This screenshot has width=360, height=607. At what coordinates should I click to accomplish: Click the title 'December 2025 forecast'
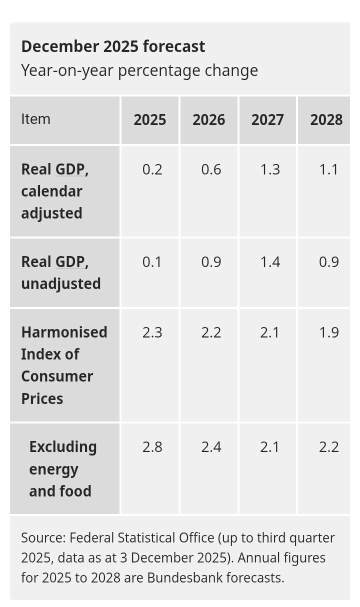113,46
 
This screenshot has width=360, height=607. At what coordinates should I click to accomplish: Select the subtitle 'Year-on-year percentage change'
139,70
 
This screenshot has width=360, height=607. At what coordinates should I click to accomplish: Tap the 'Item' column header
35,119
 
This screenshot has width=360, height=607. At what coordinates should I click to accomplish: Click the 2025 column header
149,120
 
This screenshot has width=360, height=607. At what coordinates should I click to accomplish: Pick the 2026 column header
208,120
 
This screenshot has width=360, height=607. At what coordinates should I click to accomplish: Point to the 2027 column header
267,120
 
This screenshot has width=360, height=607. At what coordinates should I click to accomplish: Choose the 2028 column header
326,120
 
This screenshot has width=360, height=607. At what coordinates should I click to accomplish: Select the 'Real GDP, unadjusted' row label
60,272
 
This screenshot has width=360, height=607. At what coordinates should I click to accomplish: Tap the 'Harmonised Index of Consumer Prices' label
64,365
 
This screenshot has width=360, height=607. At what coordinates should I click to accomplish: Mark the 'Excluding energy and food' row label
62,468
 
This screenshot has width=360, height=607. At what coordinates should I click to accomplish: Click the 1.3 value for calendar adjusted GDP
270,169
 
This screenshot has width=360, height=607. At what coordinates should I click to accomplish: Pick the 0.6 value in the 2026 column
211,169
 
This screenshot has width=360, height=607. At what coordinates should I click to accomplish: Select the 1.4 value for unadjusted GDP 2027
270,262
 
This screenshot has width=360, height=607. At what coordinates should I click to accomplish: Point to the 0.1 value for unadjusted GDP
152,262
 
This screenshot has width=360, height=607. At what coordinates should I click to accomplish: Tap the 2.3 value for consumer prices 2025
152,332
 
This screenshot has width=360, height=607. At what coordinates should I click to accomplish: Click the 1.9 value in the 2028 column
328,332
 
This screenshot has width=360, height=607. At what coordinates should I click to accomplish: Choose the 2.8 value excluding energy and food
152,446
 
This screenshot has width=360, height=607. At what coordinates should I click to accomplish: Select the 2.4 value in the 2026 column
211,446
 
